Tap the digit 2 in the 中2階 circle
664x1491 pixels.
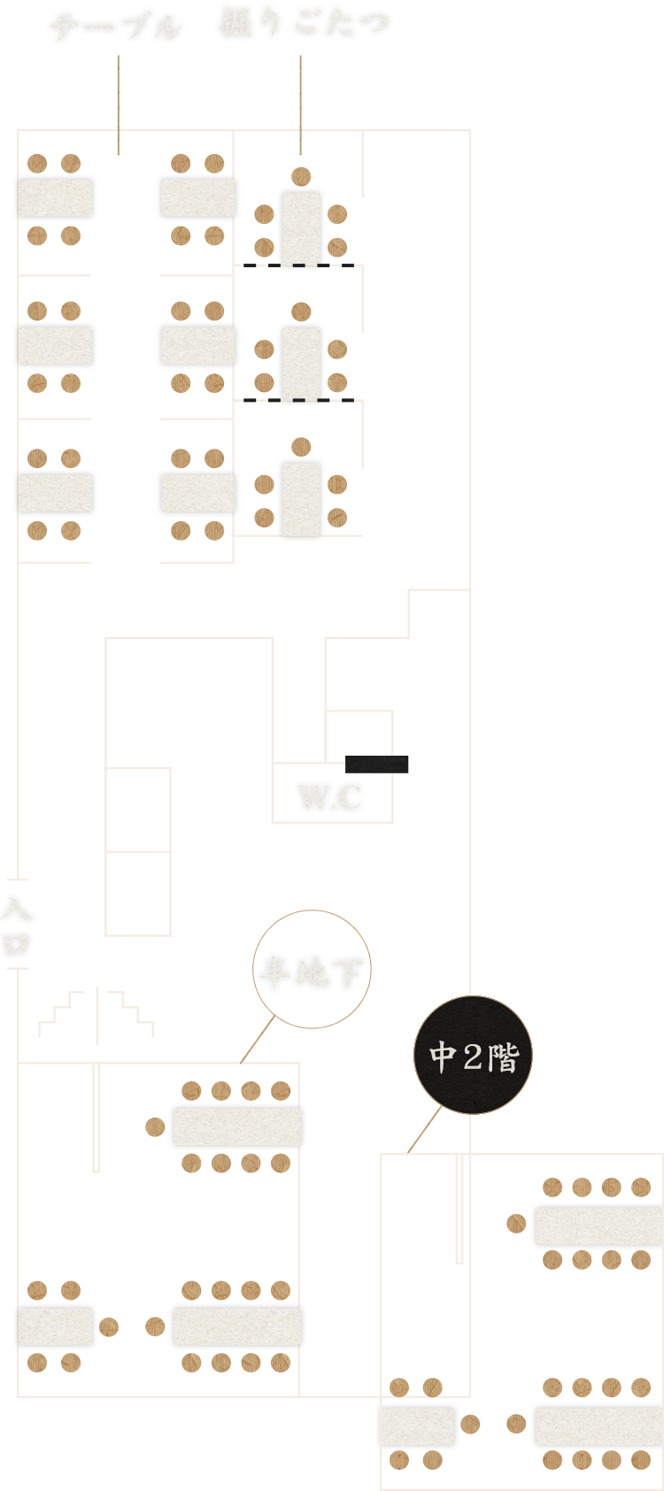click(473, 1056)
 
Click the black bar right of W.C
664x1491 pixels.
click(376, 764)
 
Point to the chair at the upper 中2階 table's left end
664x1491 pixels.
click(517, 1225)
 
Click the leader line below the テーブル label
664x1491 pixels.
click(118, 102)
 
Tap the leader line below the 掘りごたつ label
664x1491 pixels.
click(300, 102)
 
